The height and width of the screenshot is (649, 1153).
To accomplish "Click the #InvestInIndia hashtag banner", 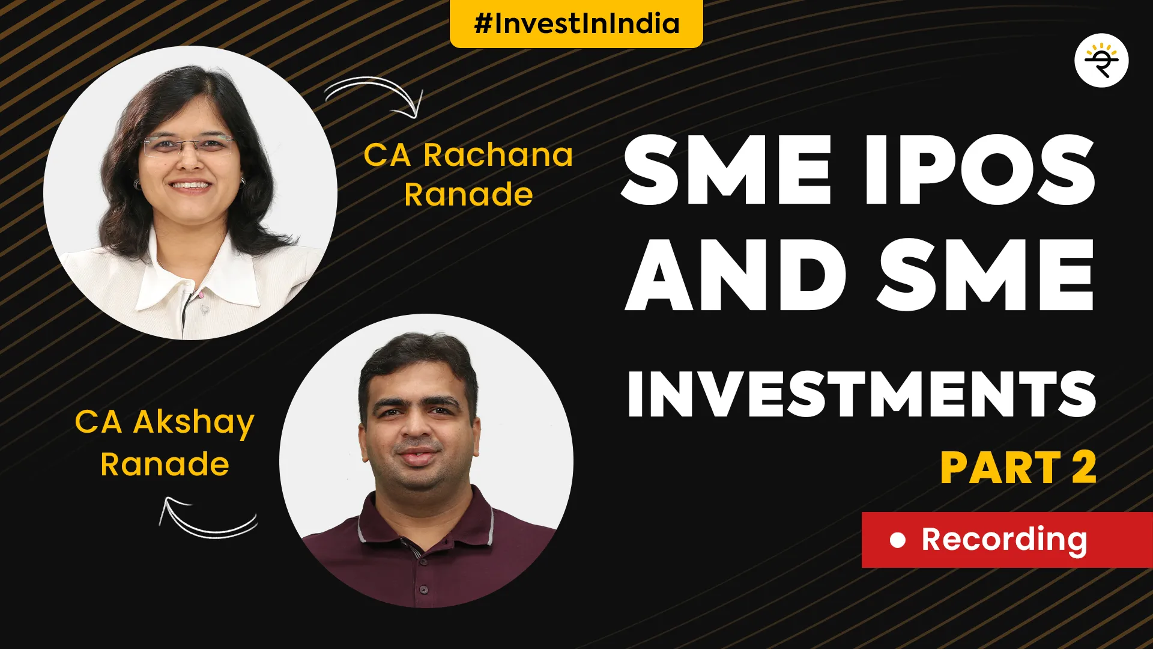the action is coord(576,23).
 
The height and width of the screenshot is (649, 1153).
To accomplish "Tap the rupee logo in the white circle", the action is coord(1101,61).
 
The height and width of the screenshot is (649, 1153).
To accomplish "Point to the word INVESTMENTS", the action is coord(862,394).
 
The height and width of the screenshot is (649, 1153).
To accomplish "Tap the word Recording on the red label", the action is coord(1004,540).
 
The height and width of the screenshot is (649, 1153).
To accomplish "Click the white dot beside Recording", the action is coord(897,540).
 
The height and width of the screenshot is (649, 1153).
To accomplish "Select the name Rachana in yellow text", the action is coord(498,155).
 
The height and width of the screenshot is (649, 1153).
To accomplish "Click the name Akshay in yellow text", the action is coord(194,423).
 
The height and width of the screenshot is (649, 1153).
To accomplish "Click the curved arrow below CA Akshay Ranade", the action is coord(207,518).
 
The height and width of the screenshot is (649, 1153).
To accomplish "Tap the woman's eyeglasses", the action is coord(188,145).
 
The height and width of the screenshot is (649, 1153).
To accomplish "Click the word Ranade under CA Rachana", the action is coord(468,195).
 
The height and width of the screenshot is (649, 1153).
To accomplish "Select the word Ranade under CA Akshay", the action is coord(165,465).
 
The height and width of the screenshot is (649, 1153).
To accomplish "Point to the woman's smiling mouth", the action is coord(191,186).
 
